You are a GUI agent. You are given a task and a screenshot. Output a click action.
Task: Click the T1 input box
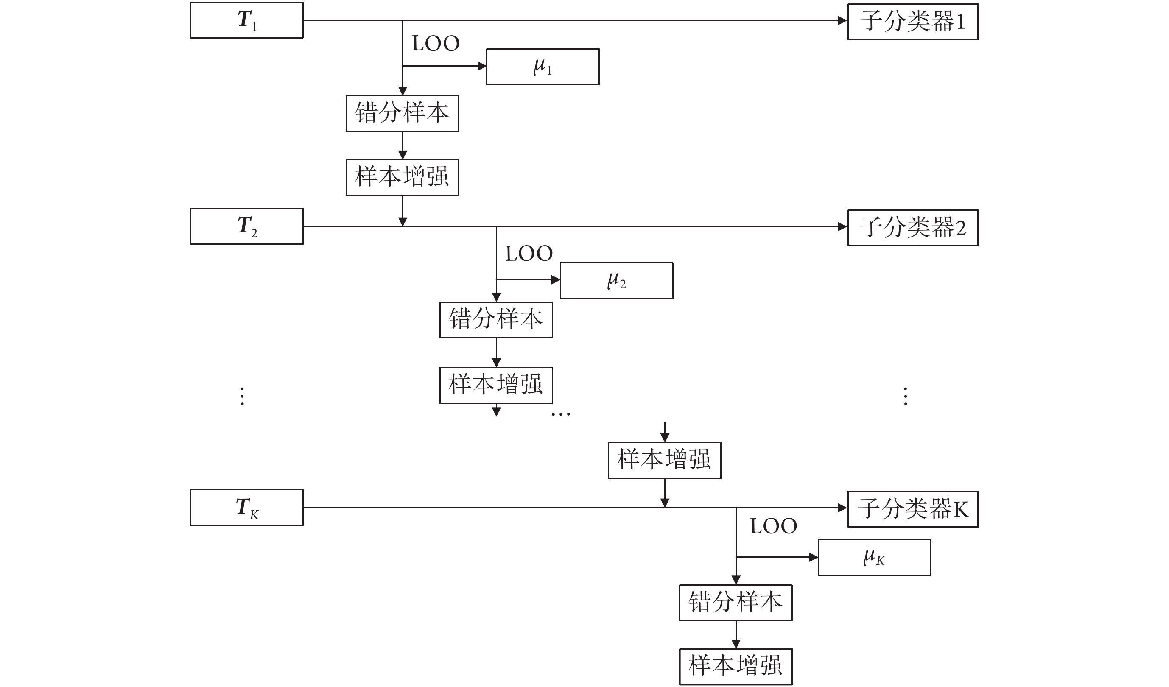pyautogui.click(x=246, y=20)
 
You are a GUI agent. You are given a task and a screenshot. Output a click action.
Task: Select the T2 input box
pyautogui.click(x=246, y=226)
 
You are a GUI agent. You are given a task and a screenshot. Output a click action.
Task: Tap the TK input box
pyautogui.click(x=246, y=508)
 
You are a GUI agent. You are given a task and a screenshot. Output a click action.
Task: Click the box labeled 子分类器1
pyautogui.click(x=912, y=22)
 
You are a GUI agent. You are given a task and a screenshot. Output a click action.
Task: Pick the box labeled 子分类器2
pyautogui.click(x=912, y=228)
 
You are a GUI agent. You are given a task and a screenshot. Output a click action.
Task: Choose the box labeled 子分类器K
pyautogui.click(x=912, y=509)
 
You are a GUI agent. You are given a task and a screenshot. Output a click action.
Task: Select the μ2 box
pyautogui.click(x=616, y=281)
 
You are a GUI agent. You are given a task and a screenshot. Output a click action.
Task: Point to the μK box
pyautogui.click(x=874, y=557)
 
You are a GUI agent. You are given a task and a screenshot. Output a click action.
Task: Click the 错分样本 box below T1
pyautogui.click(x=402, y=114)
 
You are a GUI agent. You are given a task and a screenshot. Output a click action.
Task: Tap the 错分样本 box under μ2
pyautogui.click(x=496, y=320)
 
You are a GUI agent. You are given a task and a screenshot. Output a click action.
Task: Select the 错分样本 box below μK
pyautogui.click(x=736, y=603)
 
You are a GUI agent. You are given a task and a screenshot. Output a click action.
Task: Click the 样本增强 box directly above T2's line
pyautogui.click(x=402, y=178)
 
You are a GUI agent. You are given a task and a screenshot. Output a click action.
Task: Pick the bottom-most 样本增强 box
pyautogui.click(x=736, y=667)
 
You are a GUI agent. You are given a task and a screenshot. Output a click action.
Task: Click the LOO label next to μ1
pyautogui.click(x=435, y=44)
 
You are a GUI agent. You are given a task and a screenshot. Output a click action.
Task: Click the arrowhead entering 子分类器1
pyautogui.click(x=842, y=20)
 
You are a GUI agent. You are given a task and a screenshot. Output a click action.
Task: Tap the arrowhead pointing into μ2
pyautogui.click(x=555, y=280)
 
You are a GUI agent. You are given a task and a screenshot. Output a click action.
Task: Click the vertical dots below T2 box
pyautogui.click(x=242, y=396)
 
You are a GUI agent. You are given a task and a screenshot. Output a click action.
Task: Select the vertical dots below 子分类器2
pyautogui.click(x=906, y=396)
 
